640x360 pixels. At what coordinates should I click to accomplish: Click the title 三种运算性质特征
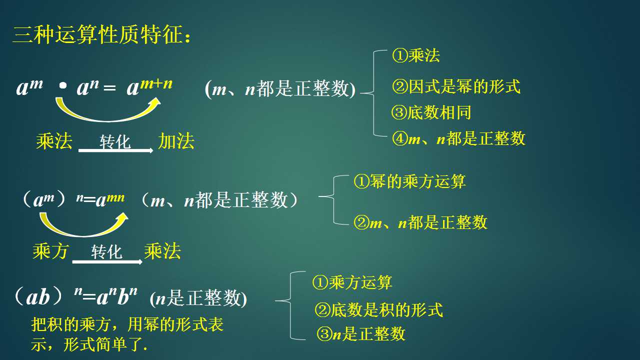tap(101, 35)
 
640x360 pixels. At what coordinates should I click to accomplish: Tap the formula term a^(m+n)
tap(149, 87)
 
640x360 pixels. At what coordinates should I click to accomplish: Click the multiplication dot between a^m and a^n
tap(63, 85)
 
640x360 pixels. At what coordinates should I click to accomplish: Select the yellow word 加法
tap(176, 141)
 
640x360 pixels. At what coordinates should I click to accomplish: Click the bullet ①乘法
tap(416, 55)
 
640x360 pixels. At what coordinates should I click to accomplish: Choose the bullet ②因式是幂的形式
tap(456, 86)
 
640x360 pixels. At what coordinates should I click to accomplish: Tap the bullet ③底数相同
tap(431, 112)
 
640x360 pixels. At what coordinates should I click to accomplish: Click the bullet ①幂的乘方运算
tap(409, 181)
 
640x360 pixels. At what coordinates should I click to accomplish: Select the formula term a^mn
tap(110, 199)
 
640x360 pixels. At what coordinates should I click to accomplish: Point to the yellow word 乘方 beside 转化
tap(50, 251)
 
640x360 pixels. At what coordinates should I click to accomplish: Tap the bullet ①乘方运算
tap(352, 282)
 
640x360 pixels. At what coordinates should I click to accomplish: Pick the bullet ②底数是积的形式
tap(379, 309)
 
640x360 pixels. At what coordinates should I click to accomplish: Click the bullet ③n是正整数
tap(361, 333)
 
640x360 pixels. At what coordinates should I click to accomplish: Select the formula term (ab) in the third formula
tap(38, 296)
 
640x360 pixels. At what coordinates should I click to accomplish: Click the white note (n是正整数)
tap(198, 298)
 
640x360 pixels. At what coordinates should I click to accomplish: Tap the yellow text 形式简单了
tap(105, 344)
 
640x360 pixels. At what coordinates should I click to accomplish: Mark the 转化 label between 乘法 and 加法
tap(115, 141)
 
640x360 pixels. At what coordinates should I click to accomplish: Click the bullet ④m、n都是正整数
tap(458, 138)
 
